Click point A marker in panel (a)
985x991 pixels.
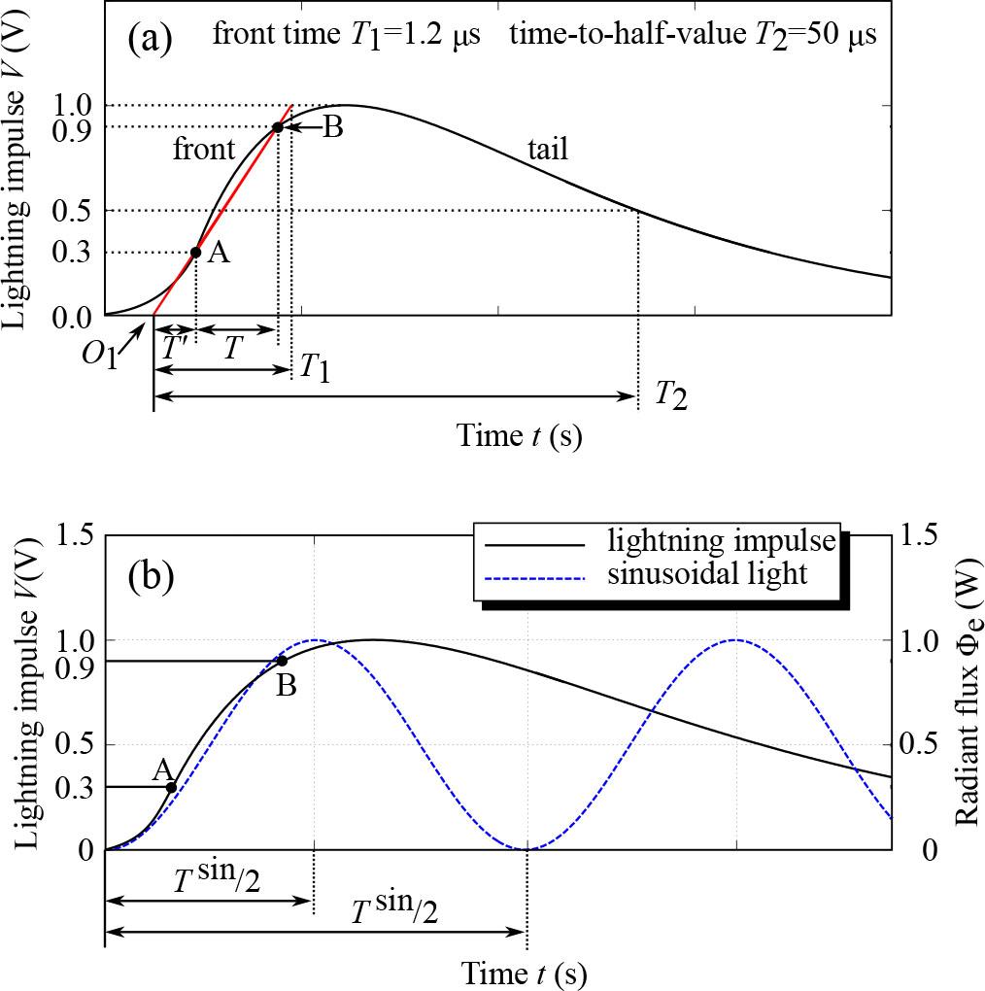click(195, 253)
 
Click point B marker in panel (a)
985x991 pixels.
click(278, 127)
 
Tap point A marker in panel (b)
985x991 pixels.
click(171, 787)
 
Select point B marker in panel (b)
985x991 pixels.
click(282, 661)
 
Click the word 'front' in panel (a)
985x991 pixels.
click(204, 150)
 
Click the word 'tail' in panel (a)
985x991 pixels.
click(547, 149)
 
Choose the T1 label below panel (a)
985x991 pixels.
click(314, 367)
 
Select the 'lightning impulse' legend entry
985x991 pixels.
click(720, 540)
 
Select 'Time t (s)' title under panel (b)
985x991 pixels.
click(524, 972)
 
